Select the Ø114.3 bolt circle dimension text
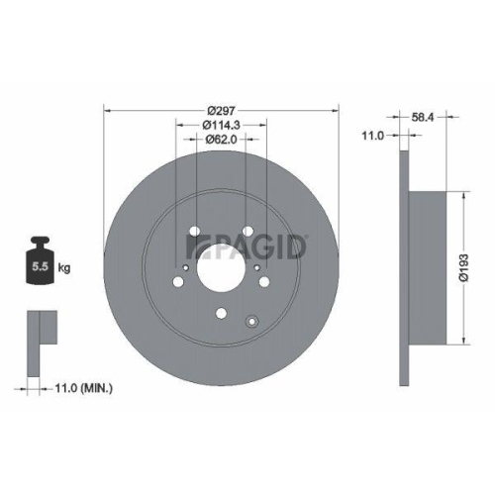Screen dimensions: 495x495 coord(222,125)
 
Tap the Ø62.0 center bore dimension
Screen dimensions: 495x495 coord(222,141)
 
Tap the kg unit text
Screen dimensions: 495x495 coord(63,267)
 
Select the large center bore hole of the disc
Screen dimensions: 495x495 coord(222,265)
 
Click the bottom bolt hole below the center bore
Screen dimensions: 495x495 coord(222,315)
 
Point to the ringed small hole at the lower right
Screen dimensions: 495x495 coord(251,319)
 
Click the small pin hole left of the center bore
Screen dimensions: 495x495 coord(185,265)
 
